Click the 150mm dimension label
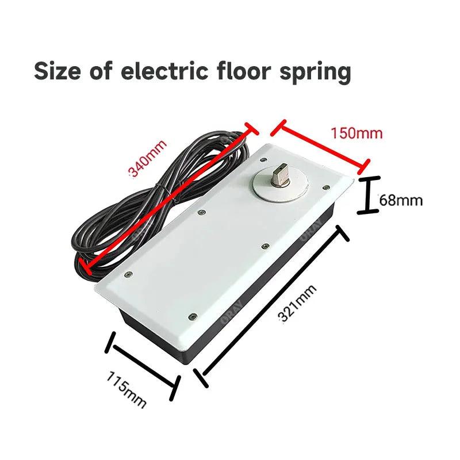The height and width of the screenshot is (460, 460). [356, 133]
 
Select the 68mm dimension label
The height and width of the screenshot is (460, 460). [401, 201]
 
